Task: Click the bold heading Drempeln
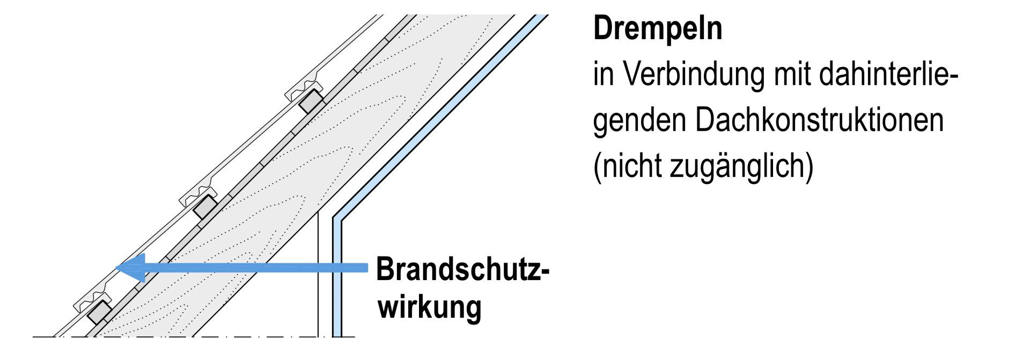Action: pos(657,30)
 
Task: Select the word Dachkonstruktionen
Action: pos(819,121)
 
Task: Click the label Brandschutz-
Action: pos(462,269)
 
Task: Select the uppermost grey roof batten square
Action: pos(311,101)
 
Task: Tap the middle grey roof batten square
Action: pos(205,207)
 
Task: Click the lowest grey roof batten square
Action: pos(100,312)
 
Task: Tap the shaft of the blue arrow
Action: pos(257,268)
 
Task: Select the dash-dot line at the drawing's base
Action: pos(193,337)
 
